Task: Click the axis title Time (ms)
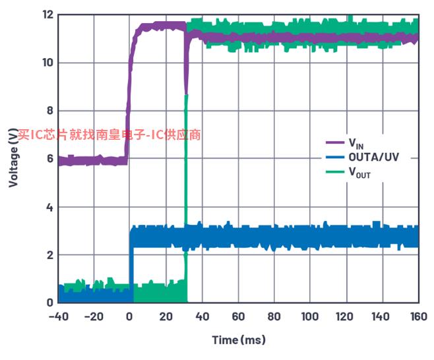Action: point(238,340)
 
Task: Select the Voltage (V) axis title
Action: point(13,158)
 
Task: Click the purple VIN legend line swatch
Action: point(335,143)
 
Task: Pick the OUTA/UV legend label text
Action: point(373,158)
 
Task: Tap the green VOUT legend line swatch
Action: point(335,173)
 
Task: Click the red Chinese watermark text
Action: point(109,135)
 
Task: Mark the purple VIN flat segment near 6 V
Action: point(92,160)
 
